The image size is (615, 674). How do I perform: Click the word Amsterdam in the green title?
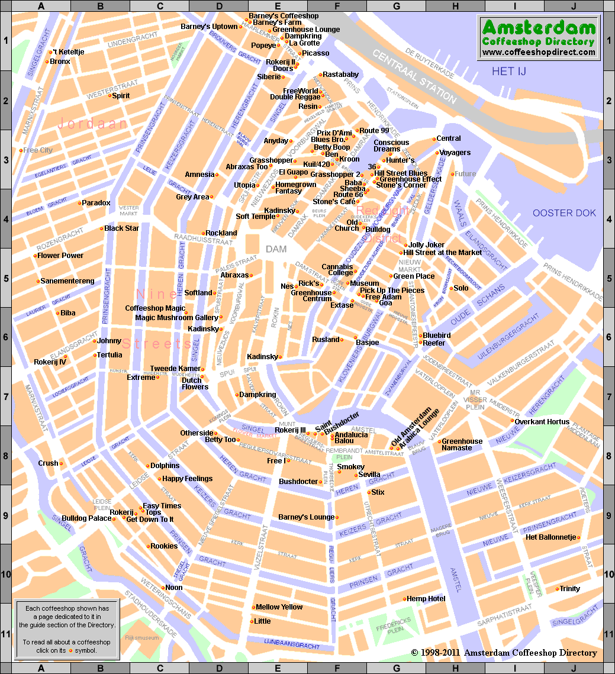[538, 28]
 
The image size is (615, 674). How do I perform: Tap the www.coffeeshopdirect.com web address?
[538, 52]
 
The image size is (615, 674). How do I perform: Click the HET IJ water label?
[509, 72]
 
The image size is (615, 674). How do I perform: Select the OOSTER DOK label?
[564, 213]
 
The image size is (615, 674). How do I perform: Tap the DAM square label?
[276, 250]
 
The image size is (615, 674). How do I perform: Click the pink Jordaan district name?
[92, 124]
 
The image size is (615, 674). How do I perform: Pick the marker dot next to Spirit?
[110, 96]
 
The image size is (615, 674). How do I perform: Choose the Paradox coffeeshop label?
[96, 203]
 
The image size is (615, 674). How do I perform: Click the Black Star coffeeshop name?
[122, 228]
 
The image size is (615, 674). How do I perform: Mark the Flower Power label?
[60, 256]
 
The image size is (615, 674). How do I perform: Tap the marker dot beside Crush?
[61, 463]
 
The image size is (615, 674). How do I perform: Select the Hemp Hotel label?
[426, 599]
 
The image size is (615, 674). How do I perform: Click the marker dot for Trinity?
[557, 589]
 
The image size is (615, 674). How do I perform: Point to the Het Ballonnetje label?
[551, 537]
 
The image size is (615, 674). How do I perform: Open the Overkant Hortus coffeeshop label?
[542, 422]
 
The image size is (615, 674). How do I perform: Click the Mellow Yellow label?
[279, 607]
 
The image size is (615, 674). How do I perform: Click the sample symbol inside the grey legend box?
[71, 651]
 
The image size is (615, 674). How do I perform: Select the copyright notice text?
[504, 653]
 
